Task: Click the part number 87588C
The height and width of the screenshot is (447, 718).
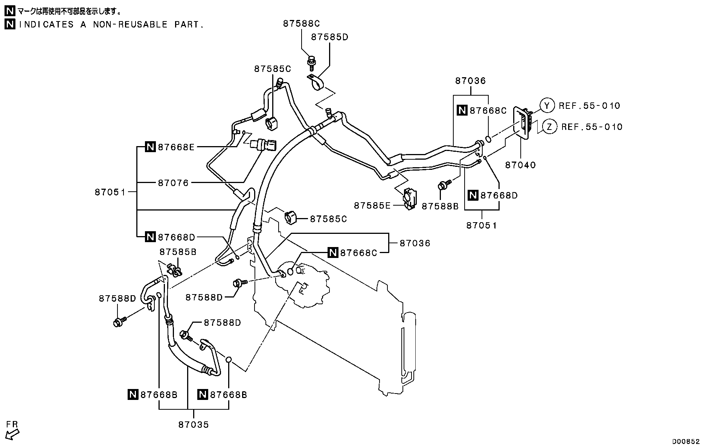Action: [x=301, y=24]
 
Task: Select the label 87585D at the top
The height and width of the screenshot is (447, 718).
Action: [x=329, y=37]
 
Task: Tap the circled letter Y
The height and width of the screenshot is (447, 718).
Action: [x=547, y=105]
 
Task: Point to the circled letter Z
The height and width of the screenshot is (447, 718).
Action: [x=550, y=127]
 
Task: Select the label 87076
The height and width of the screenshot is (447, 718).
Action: [x=173, y=183]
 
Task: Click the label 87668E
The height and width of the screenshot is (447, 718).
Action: [x=176, y=147]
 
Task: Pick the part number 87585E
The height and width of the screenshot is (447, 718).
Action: [x=372, y=206]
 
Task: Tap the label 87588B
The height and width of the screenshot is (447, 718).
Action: [x=440, y=206]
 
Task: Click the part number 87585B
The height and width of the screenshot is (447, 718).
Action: [x=178, y=252]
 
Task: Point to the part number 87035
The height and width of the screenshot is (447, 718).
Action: [x=194, y=425]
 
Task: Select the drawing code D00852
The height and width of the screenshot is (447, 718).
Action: [x=686, y=441]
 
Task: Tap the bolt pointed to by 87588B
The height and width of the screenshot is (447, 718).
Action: [x=444, y=185]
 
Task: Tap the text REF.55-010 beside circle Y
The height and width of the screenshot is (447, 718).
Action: [x=589, y=106]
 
